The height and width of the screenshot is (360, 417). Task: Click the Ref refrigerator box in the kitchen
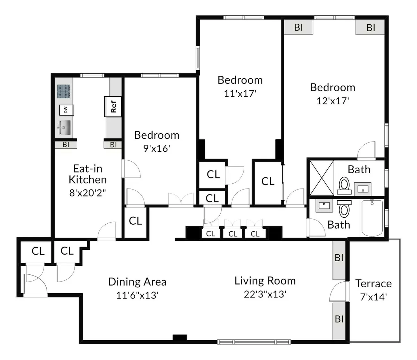click(113, 106)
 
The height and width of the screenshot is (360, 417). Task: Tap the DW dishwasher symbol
click(65, 110)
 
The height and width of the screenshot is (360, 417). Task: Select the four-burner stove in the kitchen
click(64, 91)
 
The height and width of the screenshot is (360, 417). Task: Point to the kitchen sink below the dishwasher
click(64, 128)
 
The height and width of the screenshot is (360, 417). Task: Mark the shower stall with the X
click(321, 177)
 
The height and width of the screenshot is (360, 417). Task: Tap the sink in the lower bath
click(324, 206)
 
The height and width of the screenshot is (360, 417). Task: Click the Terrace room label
click(373, 283)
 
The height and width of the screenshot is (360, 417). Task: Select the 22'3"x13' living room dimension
click(265, 294)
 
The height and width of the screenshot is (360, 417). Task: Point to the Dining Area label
click(137, 282)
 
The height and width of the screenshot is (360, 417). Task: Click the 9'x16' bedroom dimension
click(157, 149)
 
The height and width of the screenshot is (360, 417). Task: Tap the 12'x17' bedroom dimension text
click(333, 101)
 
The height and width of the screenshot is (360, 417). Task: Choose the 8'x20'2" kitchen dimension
click(88, 193)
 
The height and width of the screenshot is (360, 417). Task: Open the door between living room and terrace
click(339, 291)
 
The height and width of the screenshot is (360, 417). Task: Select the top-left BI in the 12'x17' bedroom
click(299, 27)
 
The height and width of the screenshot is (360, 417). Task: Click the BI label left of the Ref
click(66, 145)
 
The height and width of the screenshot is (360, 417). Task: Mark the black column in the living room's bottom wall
click(180, 337)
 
